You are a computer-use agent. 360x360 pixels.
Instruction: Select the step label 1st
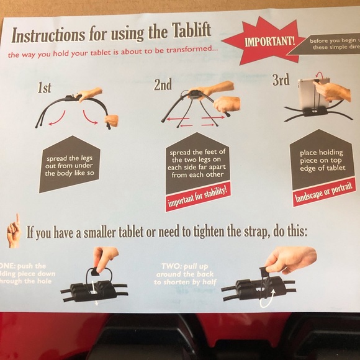point(44,88)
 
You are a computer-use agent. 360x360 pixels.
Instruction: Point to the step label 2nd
point(163,85)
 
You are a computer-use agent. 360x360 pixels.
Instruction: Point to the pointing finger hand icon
point(13,232)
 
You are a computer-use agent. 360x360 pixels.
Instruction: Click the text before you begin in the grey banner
point(334,41)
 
